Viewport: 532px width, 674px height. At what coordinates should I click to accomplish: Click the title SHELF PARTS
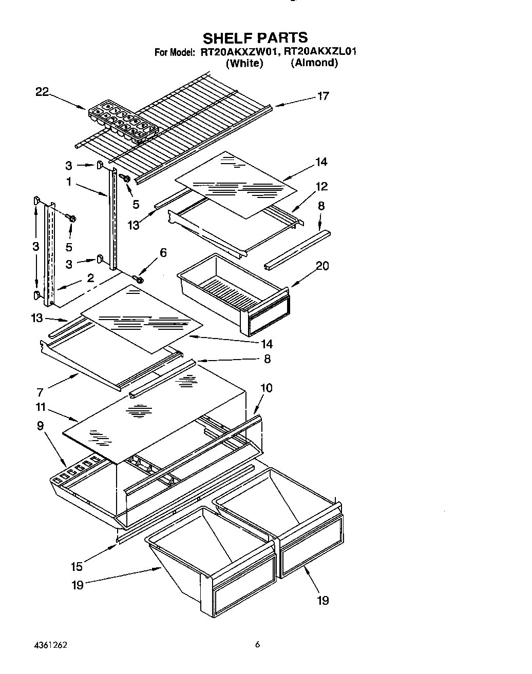tap(255, 37)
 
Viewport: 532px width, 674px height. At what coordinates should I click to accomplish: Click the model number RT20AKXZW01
tap(239, 52)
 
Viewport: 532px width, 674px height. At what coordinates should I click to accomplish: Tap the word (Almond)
tap(314, 63)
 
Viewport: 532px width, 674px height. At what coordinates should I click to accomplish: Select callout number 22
tap(42, 92)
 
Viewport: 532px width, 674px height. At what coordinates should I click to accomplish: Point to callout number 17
tap(322, 96)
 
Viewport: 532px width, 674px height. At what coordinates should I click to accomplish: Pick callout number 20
tap(322, 266)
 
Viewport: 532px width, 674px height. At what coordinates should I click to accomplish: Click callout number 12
tap(321, 186)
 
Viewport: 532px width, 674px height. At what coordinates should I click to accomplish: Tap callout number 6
tap(163, 252)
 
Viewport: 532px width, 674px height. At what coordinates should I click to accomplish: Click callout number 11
tap(41, 407)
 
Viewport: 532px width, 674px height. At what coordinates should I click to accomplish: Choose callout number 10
tap(266, 388)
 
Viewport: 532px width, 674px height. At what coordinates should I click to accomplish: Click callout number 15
tap(77, 567)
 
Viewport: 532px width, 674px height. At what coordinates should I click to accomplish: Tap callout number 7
tap(40, 392)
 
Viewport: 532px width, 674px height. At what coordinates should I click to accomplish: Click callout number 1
tap(69, 182)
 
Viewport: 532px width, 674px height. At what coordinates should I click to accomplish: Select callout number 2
tap(90, 278)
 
